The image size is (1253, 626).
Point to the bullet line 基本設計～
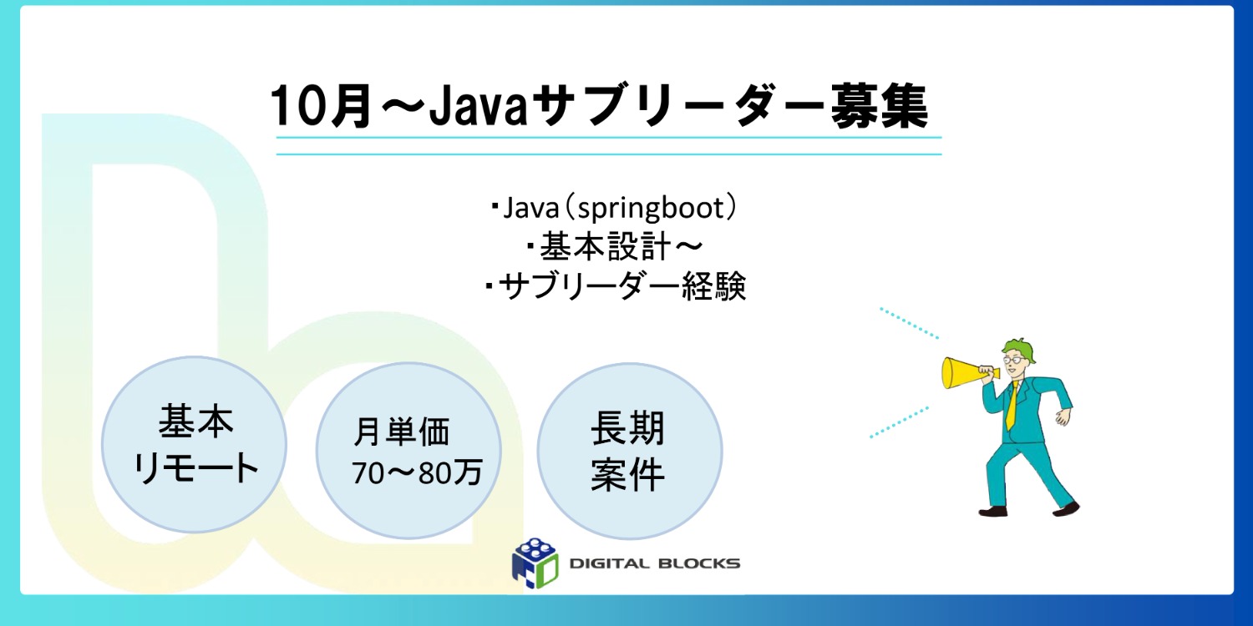(614, 248)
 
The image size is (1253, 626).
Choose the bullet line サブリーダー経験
(616, 287)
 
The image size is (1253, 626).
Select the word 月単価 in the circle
(402, 432)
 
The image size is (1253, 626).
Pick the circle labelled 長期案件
(628, 451)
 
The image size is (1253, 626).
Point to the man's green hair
(1021, 346)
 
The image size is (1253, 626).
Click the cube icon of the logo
(534, 563)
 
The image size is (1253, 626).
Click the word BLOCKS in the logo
(702, 563)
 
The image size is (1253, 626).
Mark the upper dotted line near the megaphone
(909, 322)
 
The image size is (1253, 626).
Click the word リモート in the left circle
(197, 468)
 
